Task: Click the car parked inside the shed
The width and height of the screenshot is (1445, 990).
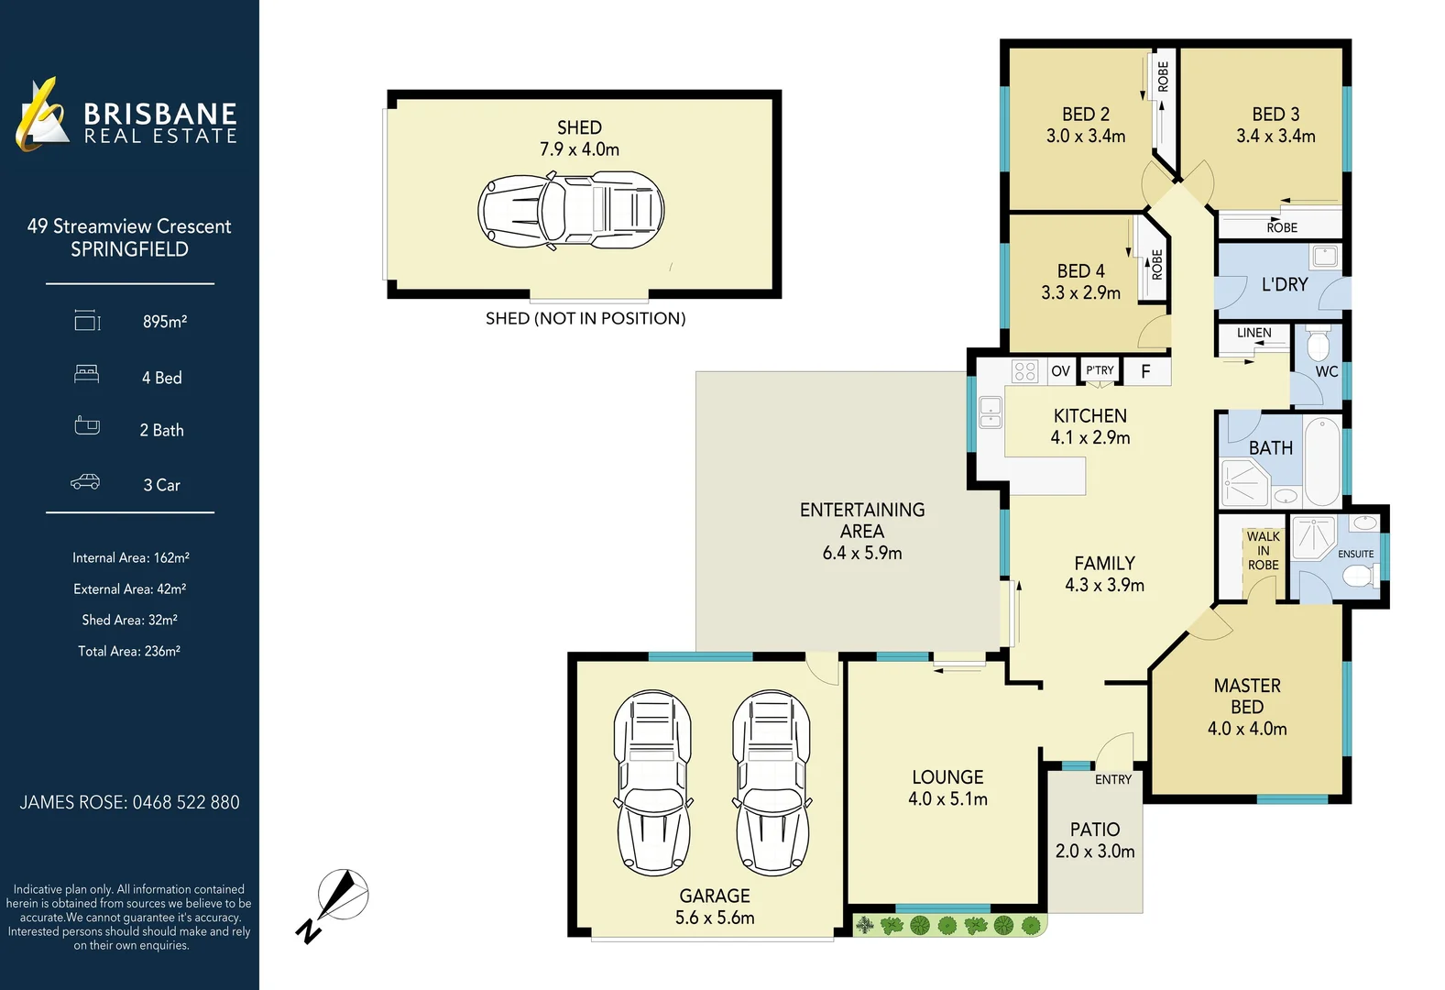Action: pos(570,211)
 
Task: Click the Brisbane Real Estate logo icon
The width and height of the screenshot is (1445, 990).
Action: pos(41,115)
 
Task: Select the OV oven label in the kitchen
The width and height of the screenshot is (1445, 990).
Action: pos(1060,371)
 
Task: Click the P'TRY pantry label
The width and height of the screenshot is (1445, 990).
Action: pos(1100,370)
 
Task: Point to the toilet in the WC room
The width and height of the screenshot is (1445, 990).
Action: pos(1318,346)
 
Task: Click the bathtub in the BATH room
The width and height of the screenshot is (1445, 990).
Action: pos(1321,461)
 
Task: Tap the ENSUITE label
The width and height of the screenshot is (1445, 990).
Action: pos(1355,554)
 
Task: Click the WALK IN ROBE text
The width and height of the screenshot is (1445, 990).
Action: pos(1263,551)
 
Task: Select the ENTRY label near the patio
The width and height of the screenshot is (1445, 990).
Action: pos(1112,779)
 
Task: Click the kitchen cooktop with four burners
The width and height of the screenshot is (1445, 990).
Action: pos(1024,371)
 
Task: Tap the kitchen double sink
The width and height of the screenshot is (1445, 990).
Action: pos(990,412)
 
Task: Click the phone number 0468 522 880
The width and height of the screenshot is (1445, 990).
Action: pos(186,802)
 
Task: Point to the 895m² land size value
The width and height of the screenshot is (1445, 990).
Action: pos(165,322)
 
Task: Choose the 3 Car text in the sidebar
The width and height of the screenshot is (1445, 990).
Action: pos(161,485)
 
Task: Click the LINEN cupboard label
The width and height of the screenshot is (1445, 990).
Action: pos(1253,333)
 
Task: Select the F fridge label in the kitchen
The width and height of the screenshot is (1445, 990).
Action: pos(1144,371)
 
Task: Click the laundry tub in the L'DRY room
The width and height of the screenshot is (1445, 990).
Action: pos(1324,256)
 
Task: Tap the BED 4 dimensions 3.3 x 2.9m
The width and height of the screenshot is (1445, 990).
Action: pos(1080,292)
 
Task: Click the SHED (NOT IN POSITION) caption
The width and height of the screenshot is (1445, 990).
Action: pos(585,318)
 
